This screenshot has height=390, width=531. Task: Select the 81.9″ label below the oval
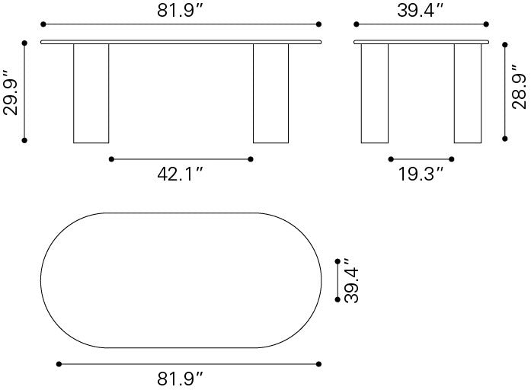point(181,378)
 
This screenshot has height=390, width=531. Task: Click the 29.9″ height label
point(10,93)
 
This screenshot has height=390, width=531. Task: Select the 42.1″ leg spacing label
point(181,174)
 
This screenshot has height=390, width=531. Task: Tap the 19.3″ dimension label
point(421,174)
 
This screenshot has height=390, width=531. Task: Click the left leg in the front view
point(91,93)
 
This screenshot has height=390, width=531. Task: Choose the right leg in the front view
point(270,93)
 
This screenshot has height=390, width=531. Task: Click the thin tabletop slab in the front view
point(181,41)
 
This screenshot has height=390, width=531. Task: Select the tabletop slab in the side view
point(421,41)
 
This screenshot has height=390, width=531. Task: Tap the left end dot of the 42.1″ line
point(111,159)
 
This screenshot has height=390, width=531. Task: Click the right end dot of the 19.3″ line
point(453,159)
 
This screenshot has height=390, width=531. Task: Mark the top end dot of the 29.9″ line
point(25,43)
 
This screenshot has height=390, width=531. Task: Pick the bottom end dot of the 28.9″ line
point(504,139)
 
